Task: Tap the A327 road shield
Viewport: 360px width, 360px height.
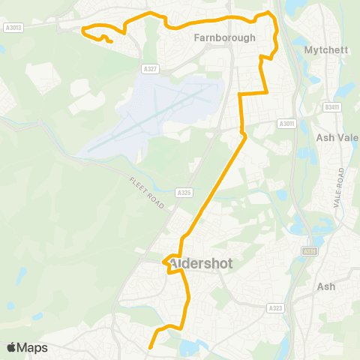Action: coord(151,69)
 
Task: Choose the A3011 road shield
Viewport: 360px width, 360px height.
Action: coord(286,123)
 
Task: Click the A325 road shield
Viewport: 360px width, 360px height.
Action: coord(184,193)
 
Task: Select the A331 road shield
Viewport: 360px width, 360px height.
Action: coord(307,251)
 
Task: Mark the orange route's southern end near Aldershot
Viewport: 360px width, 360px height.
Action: coord(151,346)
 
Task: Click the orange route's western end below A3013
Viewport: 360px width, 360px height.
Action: coord(111,42)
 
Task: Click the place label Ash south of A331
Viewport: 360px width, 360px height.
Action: coord(326,286)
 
